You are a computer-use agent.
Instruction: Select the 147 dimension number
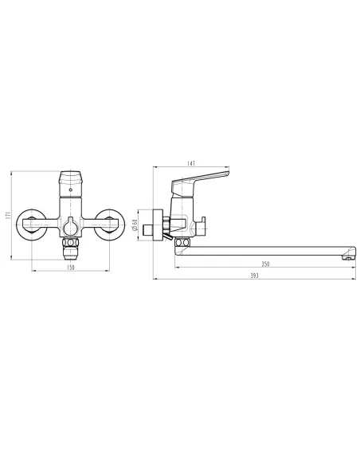coord(191,164)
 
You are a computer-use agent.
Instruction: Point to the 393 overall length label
coord(254,275)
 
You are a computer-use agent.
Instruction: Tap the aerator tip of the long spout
coord(346,256)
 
